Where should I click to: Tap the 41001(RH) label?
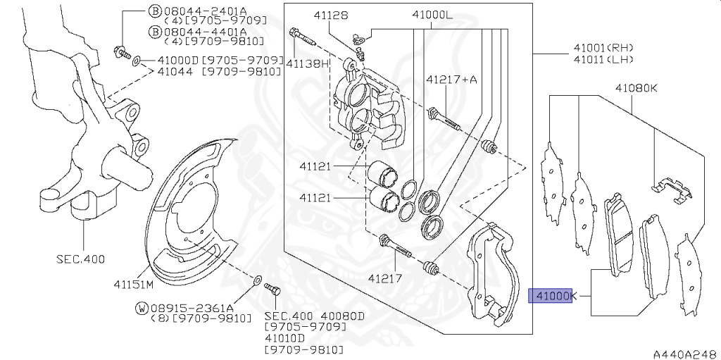click(603, 47)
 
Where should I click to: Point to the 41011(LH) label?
click(603, 59)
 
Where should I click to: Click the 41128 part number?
click(332, 16)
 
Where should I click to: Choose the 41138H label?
click(308, 63)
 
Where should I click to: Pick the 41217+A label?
click(451, 80)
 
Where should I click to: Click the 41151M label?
click(133, 284)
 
